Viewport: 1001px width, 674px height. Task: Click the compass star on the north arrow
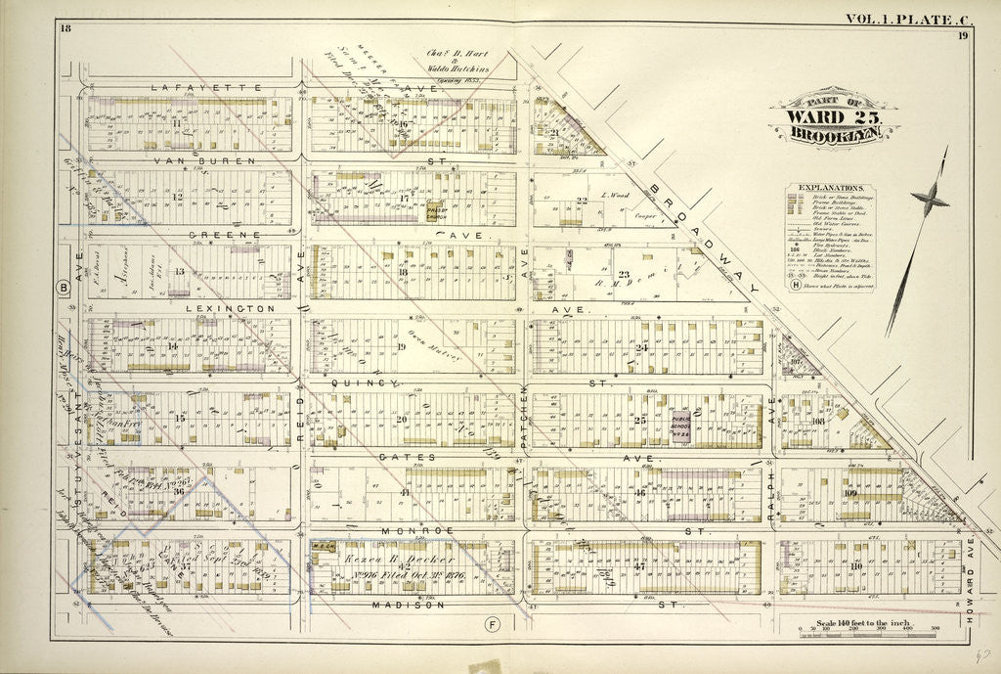click(x=929, y=201)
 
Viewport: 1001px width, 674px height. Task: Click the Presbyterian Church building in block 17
click(x=436, y=211)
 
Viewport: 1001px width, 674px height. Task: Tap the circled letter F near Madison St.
click(x=494, y=622)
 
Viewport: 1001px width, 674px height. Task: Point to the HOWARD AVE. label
click(x=981, y=570)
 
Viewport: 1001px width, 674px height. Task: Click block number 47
click(x=639, y=566)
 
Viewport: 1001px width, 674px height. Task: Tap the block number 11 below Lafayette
click(x=177, y=123)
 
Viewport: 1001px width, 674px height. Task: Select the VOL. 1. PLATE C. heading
click(x=891, y=18)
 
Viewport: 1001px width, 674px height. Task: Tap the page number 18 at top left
click(x=65, y=26)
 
